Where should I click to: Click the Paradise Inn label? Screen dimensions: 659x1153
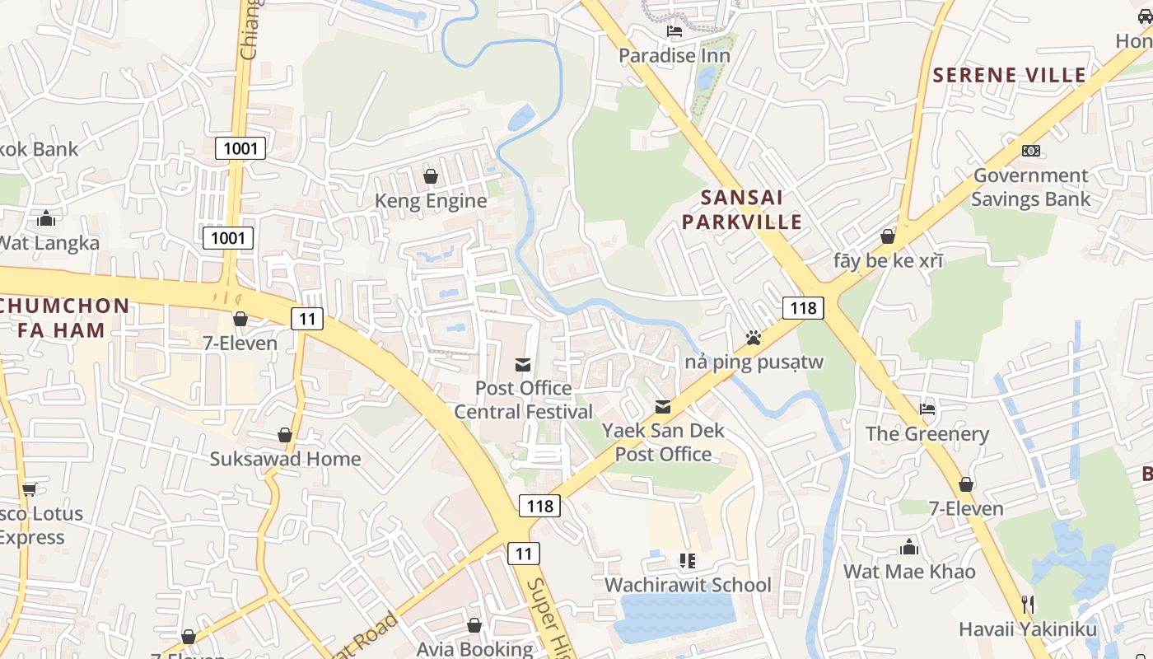click(x=674, y=56)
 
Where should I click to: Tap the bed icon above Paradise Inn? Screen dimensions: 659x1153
click(x=675, y=32)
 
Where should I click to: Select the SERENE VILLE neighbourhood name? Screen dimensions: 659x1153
click(x=1009, y=75)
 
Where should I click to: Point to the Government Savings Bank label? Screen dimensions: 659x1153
click(x=1030, y=187)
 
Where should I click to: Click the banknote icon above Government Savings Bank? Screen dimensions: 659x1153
click(x=1030, y=151)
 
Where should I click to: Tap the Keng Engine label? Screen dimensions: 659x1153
click(x=431, y=201)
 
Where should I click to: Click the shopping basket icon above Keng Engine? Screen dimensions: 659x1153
click(x=430, y=176)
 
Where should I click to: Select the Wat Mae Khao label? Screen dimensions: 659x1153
click(x=909, y=572)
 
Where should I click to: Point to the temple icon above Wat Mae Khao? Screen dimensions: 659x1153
click(x=909, y=547)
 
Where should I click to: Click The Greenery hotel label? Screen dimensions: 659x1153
click(x=927, y=434)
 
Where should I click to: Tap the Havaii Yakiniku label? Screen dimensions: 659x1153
click(x=1027, y=630)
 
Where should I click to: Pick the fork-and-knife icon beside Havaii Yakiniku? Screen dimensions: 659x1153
click(x=1027, y=605)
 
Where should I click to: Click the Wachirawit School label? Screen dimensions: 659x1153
click(x=688, y=585)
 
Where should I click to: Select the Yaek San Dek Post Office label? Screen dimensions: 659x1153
click(x=663, y=442)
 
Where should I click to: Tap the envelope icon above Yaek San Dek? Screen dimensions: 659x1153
click(x=662, y=407)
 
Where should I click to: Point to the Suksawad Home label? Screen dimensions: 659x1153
click(x=285, y=459)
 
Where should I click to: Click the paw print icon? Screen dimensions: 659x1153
click(x=753, y=338)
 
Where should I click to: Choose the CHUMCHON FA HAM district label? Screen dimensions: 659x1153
click(x=64, y=318)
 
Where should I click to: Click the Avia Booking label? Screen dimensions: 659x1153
click(x=474, y=649)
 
